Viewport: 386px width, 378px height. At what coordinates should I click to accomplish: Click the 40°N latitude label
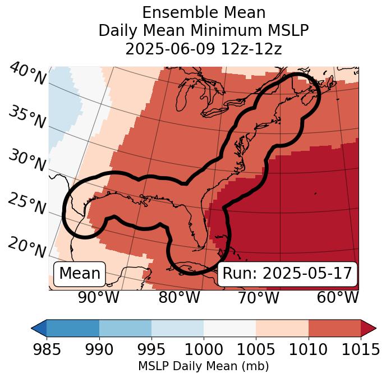coord(27,75)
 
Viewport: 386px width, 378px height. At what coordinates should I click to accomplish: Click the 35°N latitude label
coord(27,117)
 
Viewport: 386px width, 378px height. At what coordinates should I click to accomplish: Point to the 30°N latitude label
coord(27,161)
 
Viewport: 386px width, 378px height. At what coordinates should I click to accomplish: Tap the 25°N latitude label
coord(27,204)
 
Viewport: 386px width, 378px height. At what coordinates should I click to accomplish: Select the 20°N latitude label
coord(27,247)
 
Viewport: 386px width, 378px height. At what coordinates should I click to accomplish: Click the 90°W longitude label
coord(99,297)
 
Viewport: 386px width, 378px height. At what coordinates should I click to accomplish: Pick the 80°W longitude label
coord(180,297)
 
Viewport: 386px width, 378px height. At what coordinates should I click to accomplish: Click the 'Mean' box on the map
coord(80,274)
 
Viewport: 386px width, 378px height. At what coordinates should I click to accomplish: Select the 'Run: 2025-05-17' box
coord(287,274)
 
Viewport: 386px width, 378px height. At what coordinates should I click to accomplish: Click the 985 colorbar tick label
coord(47,350)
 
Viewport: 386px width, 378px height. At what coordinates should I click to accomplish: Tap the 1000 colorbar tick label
coord(204,350)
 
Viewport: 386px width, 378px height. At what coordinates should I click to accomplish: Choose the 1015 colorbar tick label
coord(361,350)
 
